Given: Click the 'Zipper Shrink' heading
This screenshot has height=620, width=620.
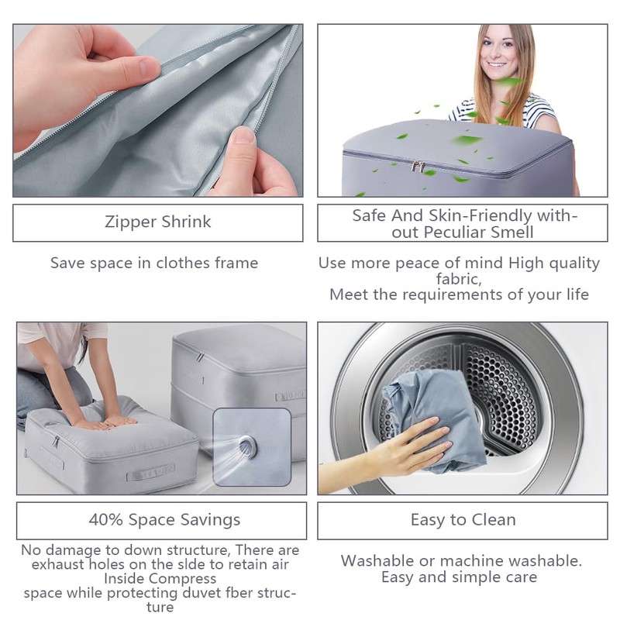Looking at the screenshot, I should click(157, 222).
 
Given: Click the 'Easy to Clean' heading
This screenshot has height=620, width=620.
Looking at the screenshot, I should click(463, 519).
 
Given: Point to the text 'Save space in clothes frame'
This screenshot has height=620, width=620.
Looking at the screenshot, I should click(154, 263).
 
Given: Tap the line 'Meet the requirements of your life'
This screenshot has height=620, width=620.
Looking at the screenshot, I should click(459, 294).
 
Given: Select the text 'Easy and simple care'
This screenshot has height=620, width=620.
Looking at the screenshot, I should click(459, 577).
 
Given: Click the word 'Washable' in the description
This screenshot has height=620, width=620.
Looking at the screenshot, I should click(378, 560).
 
